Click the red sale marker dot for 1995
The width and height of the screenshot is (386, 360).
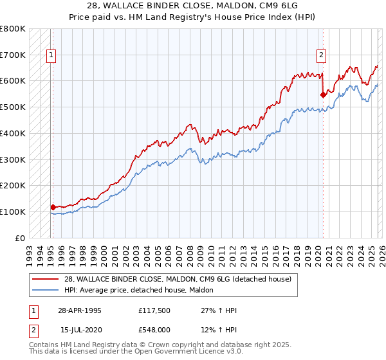click(x=53, y=207)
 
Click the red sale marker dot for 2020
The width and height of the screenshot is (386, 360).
click(x=323, y=94)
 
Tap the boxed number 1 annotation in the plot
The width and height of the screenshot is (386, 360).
click(x=51, y=55)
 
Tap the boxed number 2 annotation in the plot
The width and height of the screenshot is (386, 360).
click(x=320, y=55)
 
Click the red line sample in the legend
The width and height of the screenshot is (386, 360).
click(x=46, y=279)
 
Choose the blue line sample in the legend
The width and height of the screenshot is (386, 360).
click(x=46, y=290)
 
